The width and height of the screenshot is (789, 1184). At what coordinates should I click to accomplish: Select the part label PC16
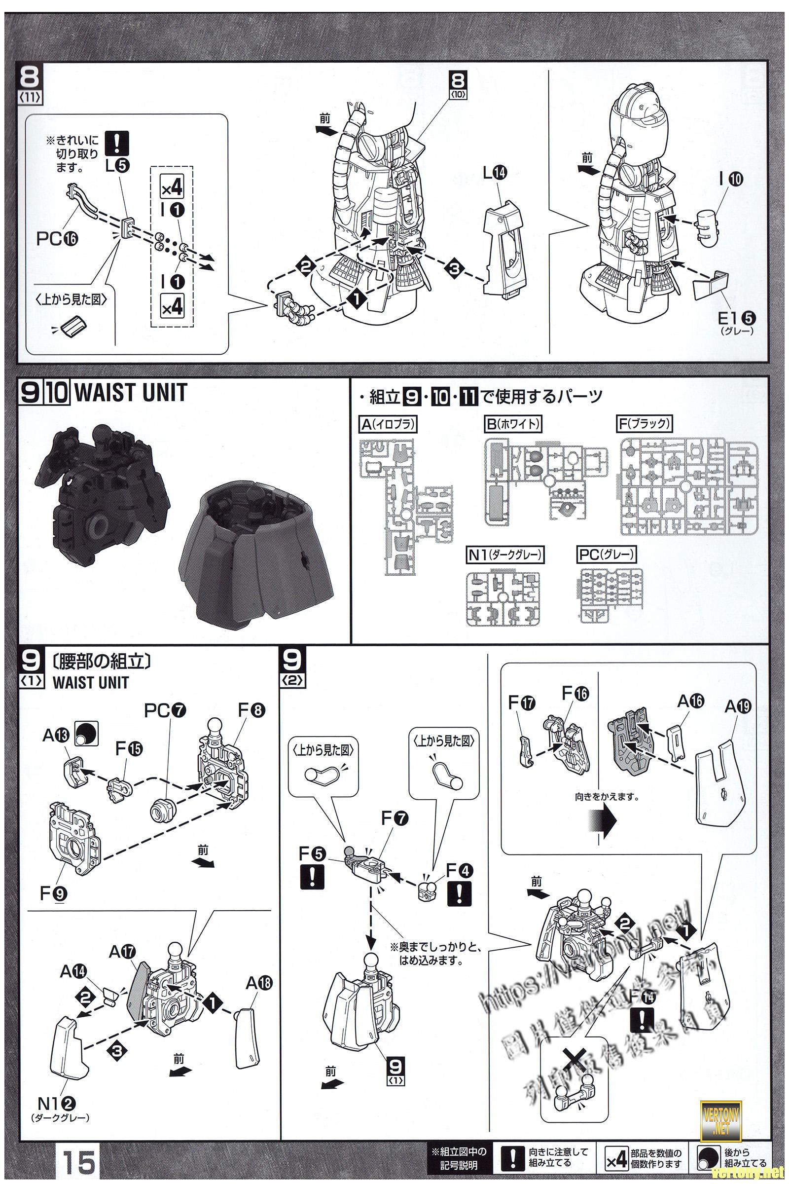tap(57, 239)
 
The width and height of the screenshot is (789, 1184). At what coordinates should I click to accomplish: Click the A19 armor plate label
tap(738, 707)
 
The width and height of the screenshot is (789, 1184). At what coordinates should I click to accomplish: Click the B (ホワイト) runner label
tap(513, 424)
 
